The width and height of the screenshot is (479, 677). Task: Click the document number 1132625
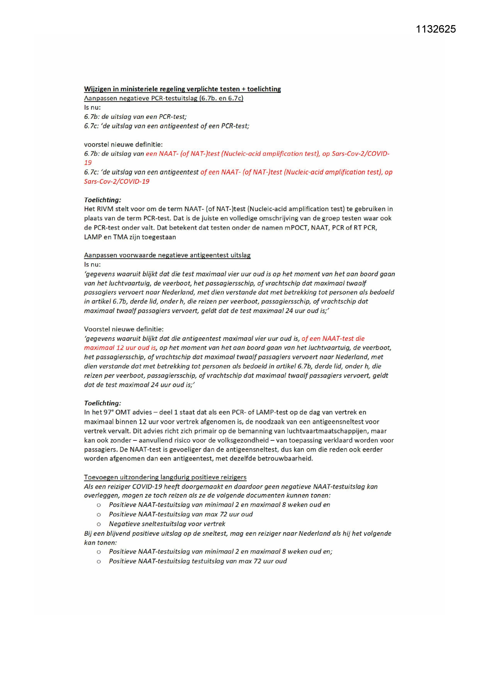[435, 29]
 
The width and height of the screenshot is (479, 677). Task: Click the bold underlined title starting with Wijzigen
[182, 89]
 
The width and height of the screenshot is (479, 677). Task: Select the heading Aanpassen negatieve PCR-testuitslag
[164, 98]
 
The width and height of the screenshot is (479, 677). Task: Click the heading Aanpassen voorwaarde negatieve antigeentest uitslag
[167, 255]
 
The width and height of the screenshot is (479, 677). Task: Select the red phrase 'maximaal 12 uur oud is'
[120, 348]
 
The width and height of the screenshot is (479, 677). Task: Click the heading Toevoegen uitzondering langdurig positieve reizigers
[165, 477]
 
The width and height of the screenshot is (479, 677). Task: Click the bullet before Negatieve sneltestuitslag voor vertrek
[99, 524]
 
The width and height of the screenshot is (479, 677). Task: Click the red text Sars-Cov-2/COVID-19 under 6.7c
[117, 181]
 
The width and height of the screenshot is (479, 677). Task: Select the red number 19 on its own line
[88, 163]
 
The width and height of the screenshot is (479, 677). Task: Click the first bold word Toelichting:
[103, 200]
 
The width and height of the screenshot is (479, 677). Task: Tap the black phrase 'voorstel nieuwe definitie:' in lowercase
[123, 145]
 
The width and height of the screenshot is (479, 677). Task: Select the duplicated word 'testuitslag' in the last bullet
[207, 561]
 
